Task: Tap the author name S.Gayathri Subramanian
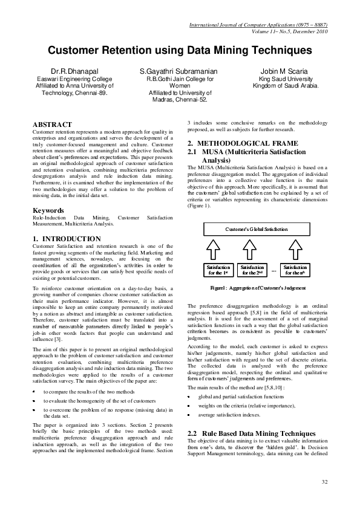(178, 71)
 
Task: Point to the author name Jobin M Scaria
(283, 71)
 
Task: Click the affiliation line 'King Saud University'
(283, 79)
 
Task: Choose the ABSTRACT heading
(52, 124)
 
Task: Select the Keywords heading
(50, 210)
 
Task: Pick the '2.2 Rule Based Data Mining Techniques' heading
(252, 434)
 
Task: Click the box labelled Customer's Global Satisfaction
(257, 230)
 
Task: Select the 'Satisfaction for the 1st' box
(218, 270)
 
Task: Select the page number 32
(324, 481)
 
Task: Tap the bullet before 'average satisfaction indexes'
(189, 415)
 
